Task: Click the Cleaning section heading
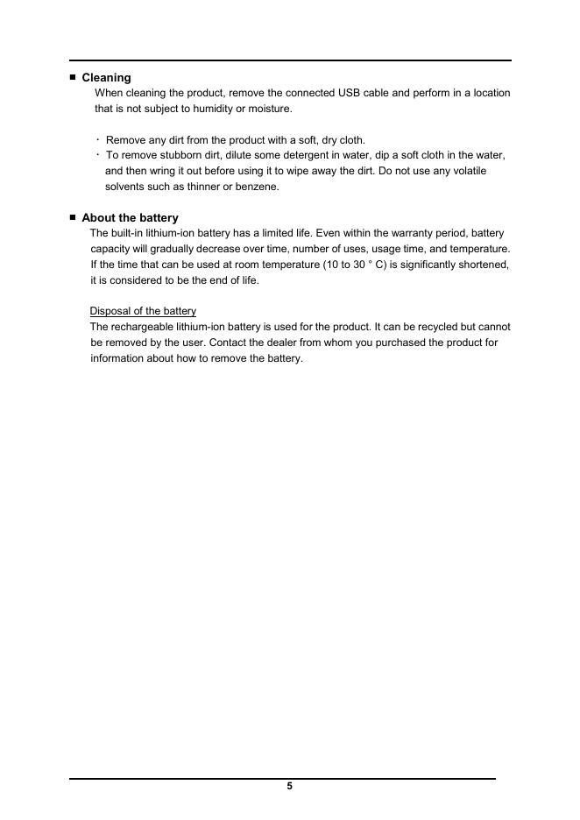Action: click(x=106, y=78)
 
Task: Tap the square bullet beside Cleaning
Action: click(x=73, y=77)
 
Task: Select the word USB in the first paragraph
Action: click(x=350, y=93)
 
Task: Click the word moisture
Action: click(x=270, y=109)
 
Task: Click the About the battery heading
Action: click(x=130, y=217)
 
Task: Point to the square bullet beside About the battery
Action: click(x=73, y=216)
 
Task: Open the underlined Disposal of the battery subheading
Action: click(x=143, y=311)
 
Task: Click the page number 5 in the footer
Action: click(x=289, y=786)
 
